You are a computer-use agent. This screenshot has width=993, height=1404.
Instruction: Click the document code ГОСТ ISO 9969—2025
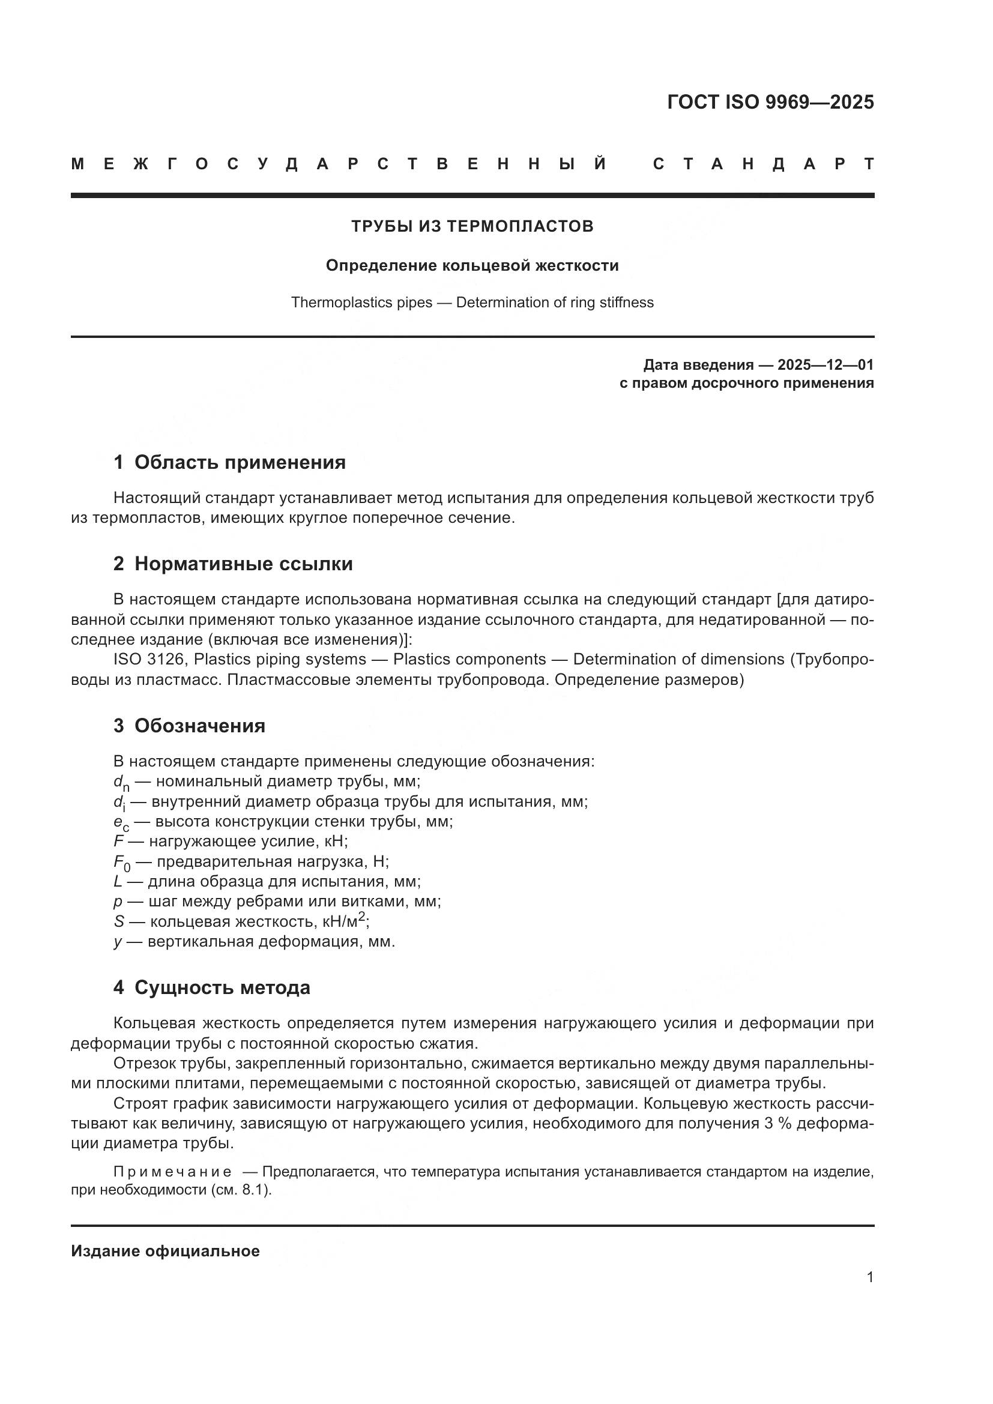(x=770, y=102)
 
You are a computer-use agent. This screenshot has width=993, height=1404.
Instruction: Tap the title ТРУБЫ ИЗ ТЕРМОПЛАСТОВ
(x=472, y=226)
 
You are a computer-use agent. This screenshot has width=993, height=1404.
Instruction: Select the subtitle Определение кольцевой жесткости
(x=472, y=265)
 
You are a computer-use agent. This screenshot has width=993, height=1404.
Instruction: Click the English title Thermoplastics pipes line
(x=472, y=303)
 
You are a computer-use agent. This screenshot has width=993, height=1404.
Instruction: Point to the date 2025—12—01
(x=825, y=365)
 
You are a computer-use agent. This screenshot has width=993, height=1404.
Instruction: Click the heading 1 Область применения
(x=229, y=462)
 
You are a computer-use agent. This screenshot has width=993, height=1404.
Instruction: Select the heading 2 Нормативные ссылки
(x=233, y=563)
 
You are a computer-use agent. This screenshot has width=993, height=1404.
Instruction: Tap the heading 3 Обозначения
(x=189, y=726)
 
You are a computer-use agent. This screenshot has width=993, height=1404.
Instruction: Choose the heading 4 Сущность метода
(x=211, y=987)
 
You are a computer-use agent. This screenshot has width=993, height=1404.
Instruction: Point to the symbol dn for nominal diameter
(x=121, y=783)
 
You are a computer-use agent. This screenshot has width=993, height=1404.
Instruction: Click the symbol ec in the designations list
(x=121, y=822)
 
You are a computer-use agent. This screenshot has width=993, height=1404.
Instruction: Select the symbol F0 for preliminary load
(x=122, y=863)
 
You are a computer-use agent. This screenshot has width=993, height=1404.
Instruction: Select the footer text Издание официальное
(x=165, y=1251)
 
